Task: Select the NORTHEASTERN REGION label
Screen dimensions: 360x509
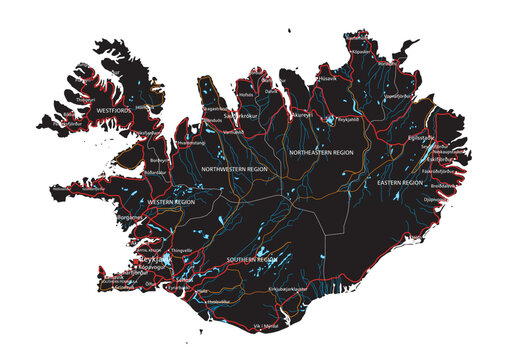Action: [x=321, y=152]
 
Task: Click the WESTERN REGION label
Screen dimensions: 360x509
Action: [x=172, y=203]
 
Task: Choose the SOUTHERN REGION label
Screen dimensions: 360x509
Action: [x=251, y=259]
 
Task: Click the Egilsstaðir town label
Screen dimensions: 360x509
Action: [x=421, y=138]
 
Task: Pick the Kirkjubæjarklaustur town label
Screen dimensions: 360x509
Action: [x=302, y=289]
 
